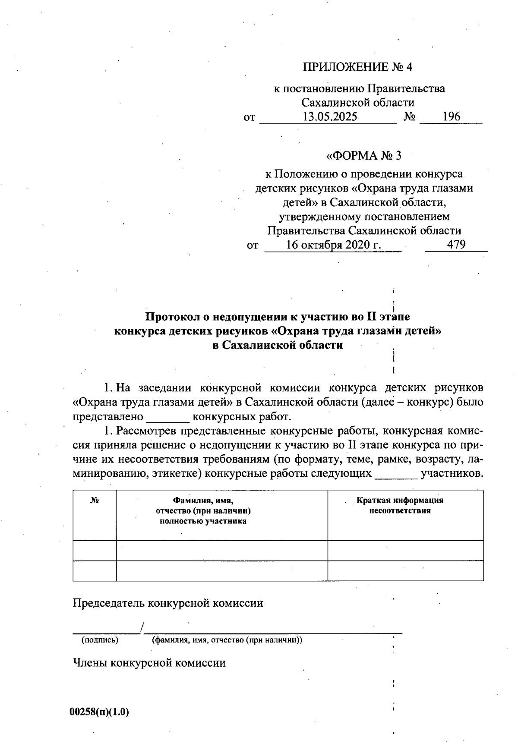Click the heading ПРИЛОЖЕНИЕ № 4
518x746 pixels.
click(358, 67)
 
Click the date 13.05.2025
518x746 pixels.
click(330, 117)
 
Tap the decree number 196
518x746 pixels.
click(451, 117)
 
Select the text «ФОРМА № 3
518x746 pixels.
click(363, 156)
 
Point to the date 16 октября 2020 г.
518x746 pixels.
click(333, 245)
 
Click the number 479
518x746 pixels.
click(456, 245)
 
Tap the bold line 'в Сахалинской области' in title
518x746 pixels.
click(278, 345)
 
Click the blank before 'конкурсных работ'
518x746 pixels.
click(168, 417)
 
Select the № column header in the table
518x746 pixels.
click(95, 501)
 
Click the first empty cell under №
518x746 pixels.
click(95, 551)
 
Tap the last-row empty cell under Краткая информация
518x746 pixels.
click(405, 571)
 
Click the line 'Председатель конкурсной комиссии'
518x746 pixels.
click(168, 603)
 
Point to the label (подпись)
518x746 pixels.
click(100, 640)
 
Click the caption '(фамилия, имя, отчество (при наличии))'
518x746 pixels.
click(227, 640)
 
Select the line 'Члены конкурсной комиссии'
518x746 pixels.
click(149, 663)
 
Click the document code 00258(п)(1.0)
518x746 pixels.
click(99, 712)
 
